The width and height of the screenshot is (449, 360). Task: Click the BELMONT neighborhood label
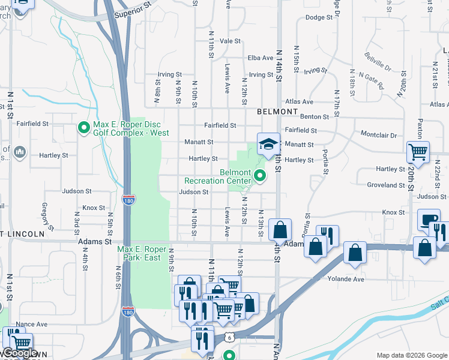click(277, 112)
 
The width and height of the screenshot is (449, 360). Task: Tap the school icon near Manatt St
click(268, 143)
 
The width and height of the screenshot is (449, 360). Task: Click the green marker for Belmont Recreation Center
click(260, 176)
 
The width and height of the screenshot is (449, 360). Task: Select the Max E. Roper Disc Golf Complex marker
click(83, 128)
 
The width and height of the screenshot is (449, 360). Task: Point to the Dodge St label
click(319, 17)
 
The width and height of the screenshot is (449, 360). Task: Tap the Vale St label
click(230, 41)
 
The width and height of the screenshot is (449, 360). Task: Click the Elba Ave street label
click(261, 58)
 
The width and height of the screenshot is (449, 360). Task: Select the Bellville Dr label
click(377, 61)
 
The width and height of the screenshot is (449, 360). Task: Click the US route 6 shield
click(229, 338)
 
